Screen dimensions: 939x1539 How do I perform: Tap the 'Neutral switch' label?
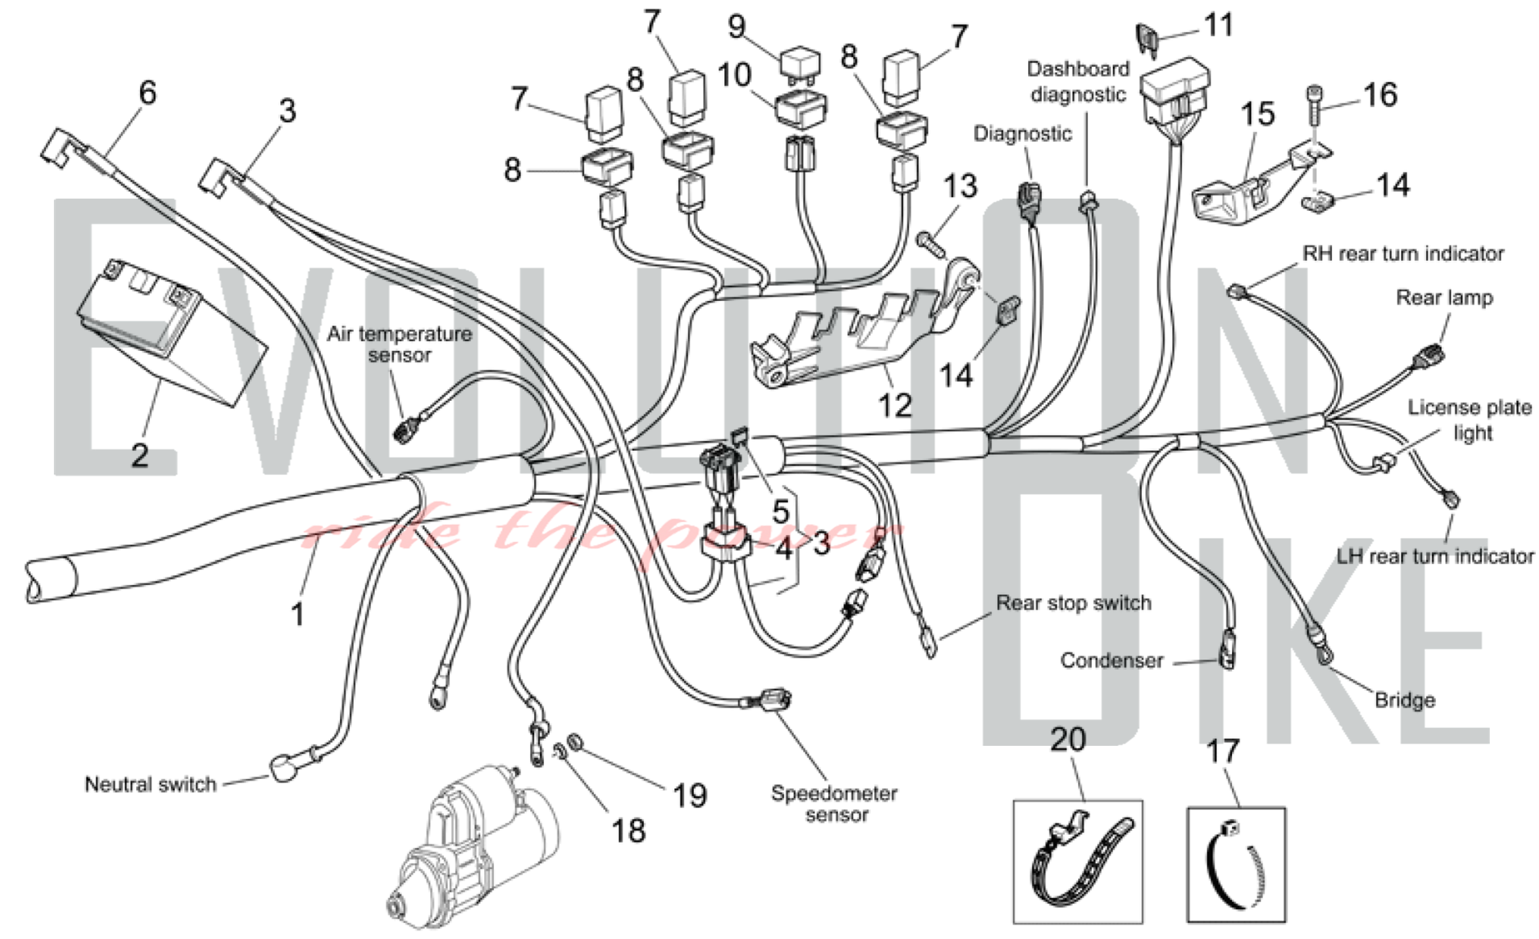tap(150, 784)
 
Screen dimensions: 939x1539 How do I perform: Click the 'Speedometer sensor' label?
tap(835, 804)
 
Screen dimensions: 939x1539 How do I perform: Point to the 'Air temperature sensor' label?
tap(399, 344)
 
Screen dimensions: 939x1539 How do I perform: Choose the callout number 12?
tap(894, 406)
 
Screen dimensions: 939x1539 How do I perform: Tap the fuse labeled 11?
tap(1147, 38)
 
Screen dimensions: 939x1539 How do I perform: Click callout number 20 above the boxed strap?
tap(1068, 740)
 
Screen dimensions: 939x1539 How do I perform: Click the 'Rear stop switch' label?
tap(1073, 603)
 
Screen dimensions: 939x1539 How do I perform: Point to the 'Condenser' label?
tap(1111, 660)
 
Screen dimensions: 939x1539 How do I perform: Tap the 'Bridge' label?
tap(1404, 700)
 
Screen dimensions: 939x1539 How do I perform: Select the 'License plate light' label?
tap(1470, 419)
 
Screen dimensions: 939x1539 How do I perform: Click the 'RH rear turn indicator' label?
tap(1402, 253)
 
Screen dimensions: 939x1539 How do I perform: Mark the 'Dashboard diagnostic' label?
tap(1078, 82)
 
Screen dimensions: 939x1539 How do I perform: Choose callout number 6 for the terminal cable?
tap(148, 92)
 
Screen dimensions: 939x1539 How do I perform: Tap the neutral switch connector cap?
tap(283, 768)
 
